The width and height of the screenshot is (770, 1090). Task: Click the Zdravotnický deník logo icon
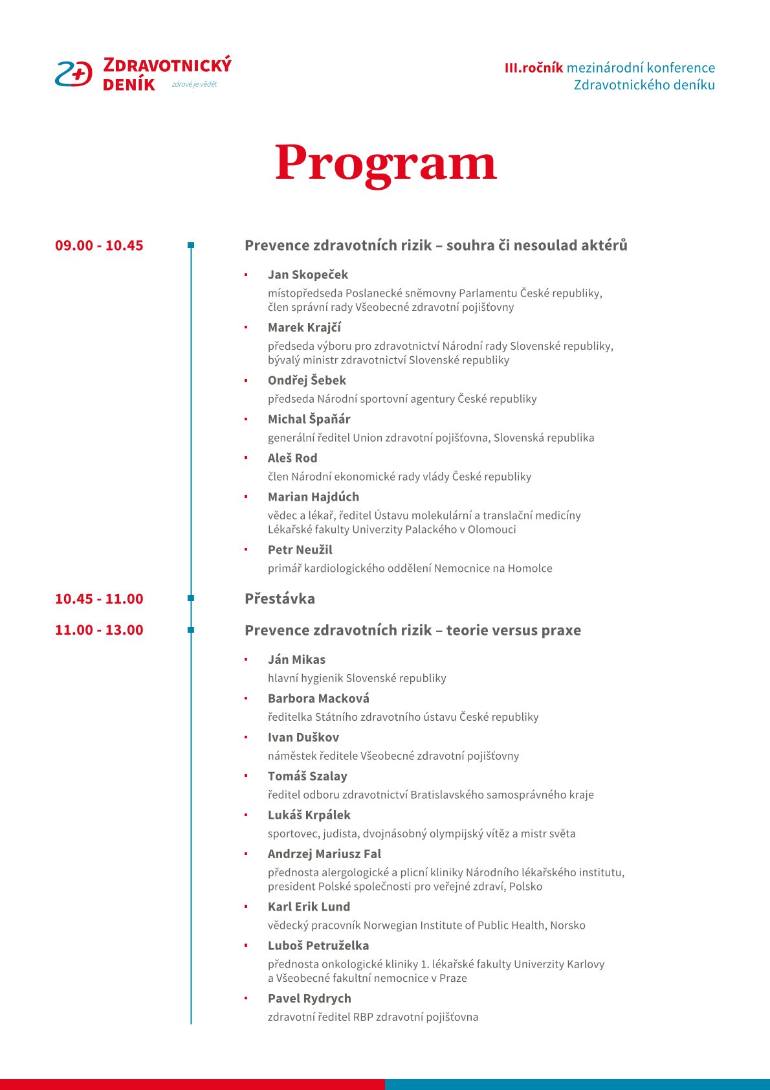[x=74, y=74]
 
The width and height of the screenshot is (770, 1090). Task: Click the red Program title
[x=386, y=163]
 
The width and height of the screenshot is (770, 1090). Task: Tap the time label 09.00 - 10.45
[x=99, y=245]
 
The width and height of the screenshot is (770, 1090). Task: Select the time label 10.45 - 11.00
[x=99, y=599]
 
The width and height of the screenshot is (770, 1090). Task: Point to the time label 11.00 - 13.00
[x=99, y=630]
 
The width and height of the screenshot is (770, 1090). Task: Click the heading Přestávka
[x=280, y=599]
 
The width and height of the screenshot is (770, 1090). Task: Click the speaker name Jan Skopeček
[x=308, y=275]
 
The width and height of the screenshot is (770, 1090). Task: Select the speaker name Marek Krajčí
[x=304, y=328]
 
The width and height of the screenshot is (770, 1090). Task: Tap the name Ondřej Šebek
[x=307, y=380]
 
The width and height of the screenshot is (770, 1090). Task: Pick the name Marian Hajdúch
[x=313, y=497]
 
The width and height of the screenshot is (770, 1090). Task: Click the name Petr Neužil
[x=300, y=550]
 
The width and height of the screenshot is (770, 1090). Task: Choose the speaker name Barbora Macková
[x=318, y=698]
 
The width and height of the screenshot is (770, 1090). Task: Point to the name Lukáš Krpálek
[x=309, y=815]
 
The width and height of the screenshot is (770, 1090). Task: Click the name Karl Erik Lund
[x=309, y=907]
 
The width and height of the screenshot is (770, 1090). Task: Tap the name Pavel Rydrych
[x=309, y=998]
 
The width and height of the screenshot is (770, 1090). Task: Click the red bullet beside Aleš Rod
[x=246, y=458]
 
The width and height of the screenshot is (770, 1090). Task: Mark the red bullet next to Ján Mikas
[x=246, y=659]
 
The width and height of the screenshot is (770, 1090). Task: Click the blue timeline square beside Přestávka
[x=191, y=598]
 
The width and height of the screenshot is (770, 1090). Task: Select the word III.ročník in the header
[x=534, y=68]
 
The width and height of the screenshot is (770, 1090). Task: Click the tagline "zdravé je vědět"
[x=194, y=84]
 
